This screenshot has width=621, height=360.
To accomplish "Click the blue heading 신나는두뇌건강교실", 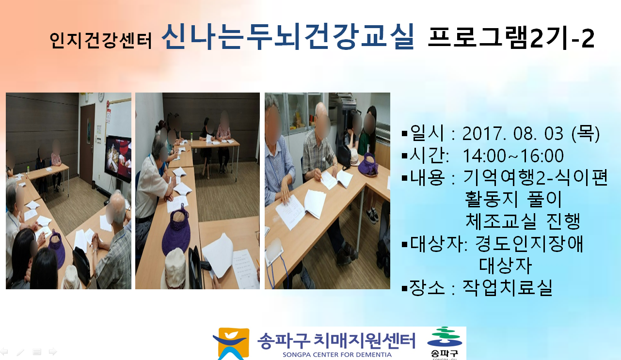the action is pyautogui.click(x=288, y=37).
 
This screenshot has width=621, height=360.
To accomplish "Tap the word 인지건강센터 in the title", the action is pyautogui.click(x=101, y=41).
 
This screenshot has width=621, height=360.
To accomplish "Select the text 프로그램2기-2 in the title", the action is pyautogui.click(x=511, y=39).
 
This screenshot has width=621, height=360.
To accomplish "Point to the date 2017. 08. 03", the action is pyautogui.click(x=512, y=134).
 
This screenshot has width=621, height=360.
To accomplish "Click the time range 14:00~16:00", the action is pyautogui.click(x=513, y=156).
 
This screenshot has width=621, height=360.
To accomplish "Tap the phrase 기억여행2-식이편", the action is pyautogui.click(x=536, y=177).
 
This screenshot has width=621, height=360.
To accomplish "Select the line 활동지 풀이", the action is pyautogui.click(x=513, y=199).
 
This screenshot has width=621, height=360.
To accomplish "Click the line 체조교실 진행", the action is pyautogui.click(x=523, y=221).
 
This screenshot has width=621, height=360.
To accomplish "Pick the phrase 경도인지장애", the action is pyautogui.click(x=529, y=243).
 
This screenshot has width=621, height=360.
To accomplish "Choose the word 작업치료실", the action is pyautogui.click(x=508, y=287).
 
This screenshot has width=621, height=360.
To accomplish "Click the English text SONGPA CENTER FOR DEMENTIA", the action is pyautogui.click(x=337, y=355).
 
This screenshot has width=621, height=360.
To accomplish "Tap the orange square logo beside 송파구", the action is pyautogui.click(x=231, y=344).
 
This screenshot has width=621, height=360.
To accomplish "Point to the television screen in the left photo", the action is pyautogui.click(x=118, y=158).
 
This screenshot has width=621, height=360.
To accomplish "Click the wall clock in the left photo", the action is pyautogui.click(x=101, y=97).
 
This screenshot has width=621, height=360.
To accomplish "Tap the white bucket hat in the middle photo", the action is pyautogui.click(x=175, y=268).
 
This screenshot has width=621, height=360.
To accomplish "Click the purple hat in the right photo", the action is pyautogui.click(x=368, y=165).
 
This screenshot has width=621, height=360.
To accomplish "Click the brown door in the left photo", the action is pyautogui.click(x=88, y=144).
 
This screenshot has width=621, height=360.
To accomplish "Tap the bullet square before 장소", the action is pyautogui.click(x=404, y=288).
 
